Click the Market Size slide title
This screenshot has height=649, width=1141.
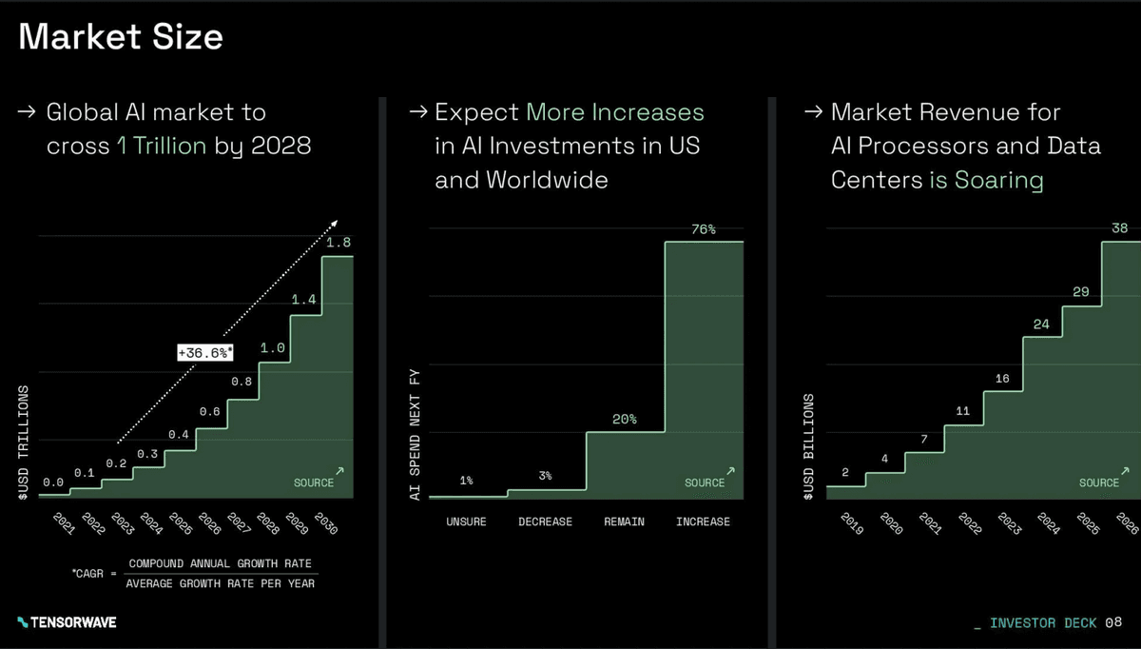(x=121, y=37)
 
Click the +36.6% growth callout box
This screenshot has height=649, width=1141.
(x=205, y=353)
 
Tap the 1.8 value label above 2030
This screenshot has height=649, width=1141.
(x=338, y=244)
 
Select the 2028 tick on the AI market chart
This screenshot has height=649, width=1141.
(x=267, y=523)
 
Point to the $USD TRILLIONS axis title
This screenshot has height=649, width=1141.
(x=23, y=441)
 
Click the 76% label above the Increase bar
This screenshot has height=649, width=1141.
(x=704, y=229)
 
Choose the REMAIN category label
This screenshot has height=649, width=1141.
(x=625, y=521)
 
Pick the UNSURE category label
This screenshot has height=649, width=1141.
(x=466, y=521)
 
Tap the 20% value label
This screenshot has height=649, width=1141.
(x=625, y=420)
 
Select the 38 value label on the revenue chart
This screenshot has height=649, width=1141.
(x=1120, y=228)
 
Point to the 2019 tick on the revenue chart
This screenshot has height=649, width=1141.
(x=851, y=524)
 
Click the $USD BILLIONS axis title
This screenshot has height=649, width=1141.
(x=809, y=445)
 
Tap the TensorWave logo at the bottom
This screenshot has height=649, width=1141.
(x=67, y=622)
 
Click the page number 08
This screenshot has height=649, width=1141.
(x=1113, y=622)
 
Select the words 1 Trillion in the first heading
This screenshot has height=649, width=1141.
(x=162, y=147)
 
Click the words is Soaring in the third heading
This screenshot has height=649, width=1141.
(x=986, y=180)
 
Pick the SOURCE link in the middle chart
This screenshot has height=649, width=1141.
(x=706, y=482)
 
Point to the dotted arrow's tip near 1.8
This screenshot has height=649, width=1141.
(x=335, y=223)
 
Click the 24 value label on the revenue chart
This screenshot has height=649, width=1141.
(x=1041, y=324)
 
